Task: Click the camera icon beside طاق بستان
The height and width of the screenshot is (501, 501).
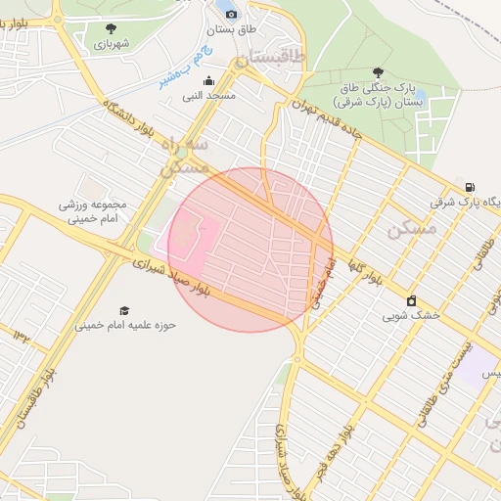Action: coord(231,14)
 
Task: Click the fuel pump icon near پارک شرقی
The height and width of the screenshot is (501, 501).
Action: coord(472,188)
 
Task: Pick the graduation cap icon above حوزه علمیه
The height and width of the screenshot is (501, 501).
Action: coord(123,310)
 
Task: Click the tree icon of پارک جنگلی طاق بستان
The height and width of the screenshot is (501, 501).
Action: coord(378,71)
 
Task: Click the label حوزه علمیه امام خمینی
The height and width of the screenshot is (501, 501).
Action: coord(126,326)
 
